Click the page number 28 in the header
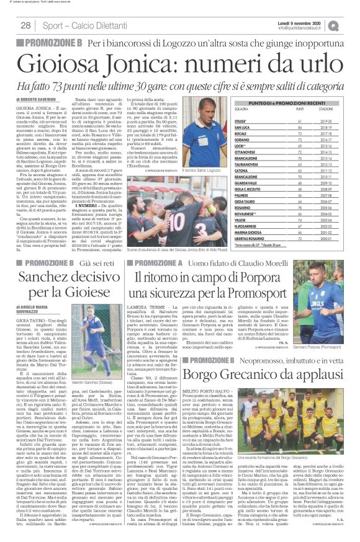click(26, 25)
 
